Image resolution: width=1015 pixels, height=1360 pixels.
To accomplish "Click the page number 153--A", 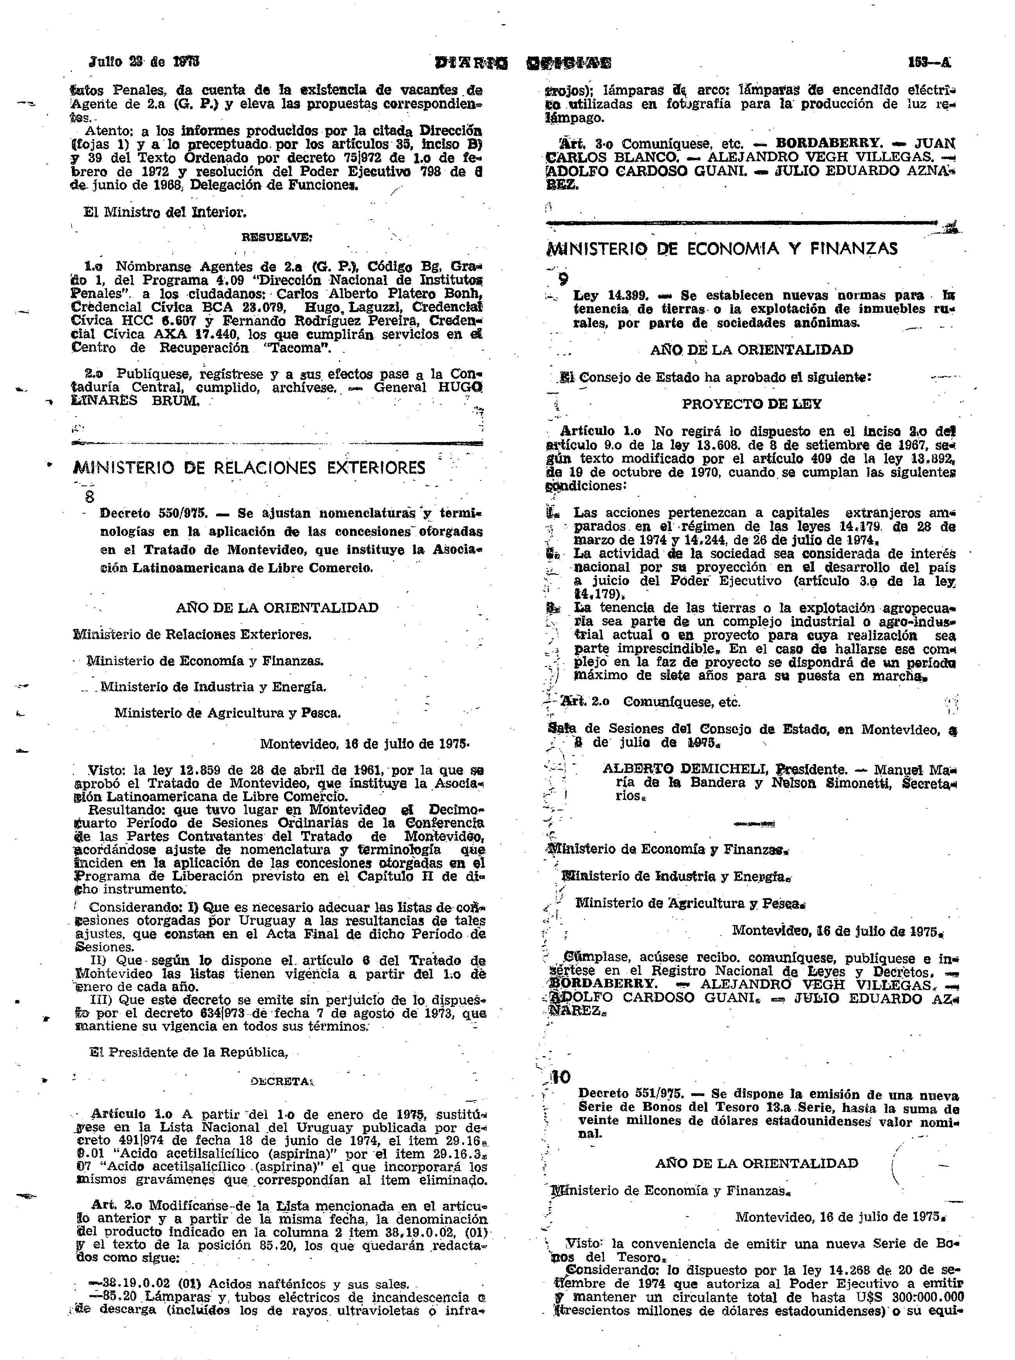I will click(929, 62).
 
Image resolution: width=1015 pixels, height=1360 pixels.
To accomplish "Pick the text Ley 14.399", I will click(608, 295).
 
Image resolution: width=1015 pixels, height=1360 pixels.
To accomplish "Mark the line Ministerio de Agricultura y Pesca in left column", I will click(227, 713).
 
